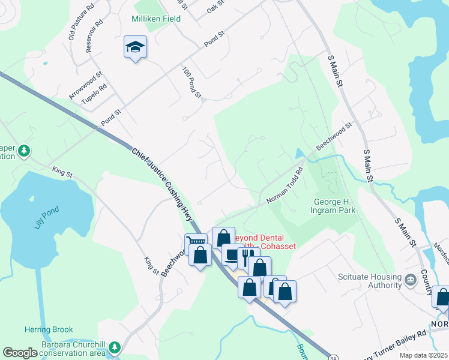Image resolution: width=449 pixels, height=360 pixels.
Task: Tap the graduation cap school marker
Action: (136, 47)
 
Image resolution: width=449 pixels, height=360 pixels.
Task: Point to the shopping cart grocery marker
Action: (195, 243)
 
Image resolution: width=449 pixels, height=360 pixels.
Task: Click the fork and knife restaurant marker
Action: (246, 257)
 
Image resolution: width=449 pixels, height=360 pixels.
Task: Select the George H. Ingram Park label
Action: (333, 206)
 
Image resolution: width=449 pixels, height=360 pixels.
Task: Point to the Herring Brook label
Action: (49, 329)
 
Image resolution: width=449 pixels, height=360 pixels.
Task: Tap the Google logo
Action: (20, 353)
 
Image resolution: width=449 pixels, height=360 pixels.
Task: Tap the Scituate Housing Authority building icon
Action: (411, 280)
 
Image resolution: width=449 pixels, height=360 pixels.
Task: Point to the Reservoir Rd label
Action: (94, 35)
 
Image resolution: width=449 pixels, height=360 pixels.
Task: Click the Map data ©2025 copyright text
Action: (423, 355)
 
